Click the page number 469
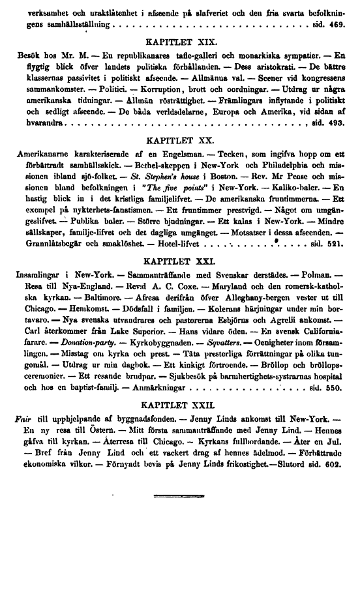coord(337,23)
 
